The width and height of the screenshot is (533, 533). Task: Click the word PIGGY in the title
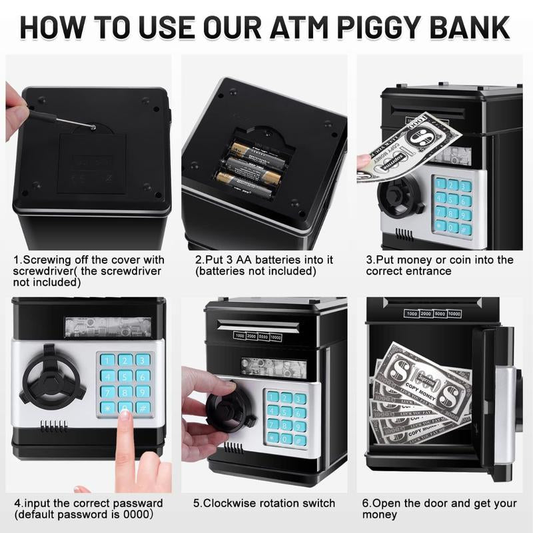pos(382,27)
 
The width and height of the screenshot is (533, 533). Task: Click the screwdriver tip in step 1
pos(93,128)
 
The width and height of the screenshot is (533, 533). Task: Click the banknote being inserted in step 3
pos(408,147)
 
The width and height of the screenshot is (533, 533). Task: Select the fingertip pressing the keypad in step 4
pos(125,415)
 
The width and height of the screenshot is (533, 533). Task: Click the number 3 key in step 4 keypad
pos(143,360)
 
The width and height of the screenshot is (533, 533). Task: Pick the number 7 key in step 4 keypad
pos(107,392)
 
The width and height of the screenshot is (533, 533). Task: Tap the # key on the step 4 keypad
pos(143,408)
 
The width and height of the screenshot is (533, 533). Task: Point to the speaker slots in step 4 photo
pos(54,426)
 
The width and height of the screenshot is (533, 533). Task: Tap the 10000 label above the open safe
pos(454,314)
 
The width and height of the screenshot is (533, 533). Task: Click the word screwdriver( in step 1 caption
pos(46,271)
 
